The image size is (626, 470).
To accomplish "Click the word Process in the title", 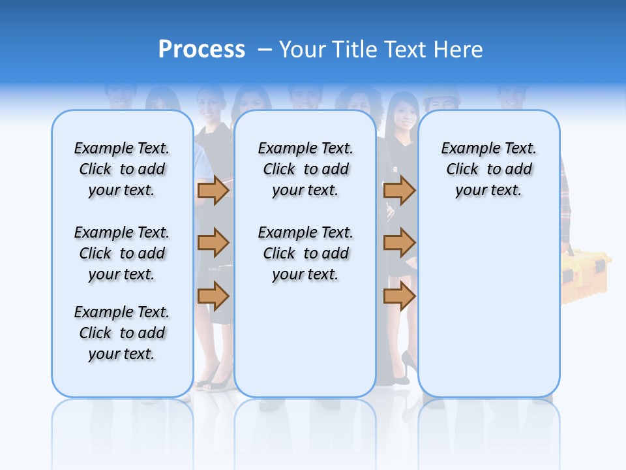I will point(201,49).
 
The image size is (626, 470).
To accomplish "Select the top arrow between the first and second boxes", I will point(213,190).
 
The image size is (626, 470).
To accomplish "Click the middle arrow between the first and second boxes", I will point(213,243).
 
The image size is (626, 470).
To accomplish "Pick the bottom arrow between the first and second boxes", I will point(213,296).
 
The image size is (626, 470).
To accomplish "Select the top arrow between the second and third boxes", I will point(399,190).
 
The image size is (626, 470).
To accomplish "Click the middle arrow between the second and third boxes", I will point(399,243).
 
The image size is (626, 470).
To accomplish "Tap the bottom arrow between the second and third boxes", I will point(399,296).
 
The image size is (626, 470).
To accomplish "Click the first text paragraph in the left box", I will point(122,169).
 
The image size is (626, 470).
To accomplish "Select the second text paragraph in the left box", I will point(122,253).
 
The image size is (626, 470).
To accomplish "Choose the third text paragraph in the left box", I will point(122,333).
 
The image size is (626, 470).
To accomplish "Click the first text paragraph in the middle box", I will point(305,169).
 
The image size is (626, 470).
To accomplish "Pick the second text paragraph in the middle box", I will point(305,253).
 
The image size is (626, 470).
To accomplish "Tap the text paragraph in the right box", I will point(488,169).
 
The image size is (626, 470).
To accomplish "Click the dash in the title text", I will point(265,50).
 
